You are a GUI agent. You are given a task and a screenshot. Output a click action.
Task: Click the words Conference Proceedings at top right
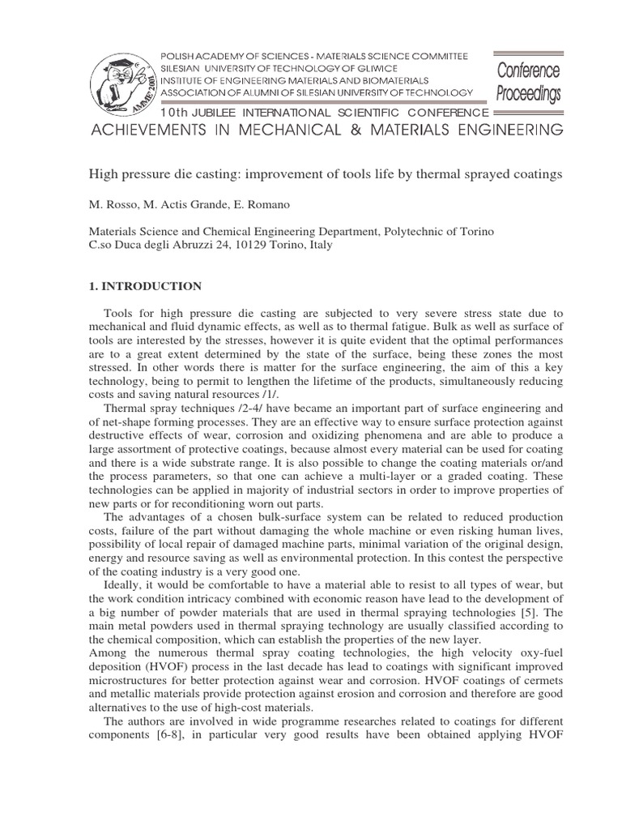point(528,82)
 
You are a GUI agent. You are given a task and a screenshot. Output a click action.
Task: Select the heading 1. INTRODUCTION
point(144,285)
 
